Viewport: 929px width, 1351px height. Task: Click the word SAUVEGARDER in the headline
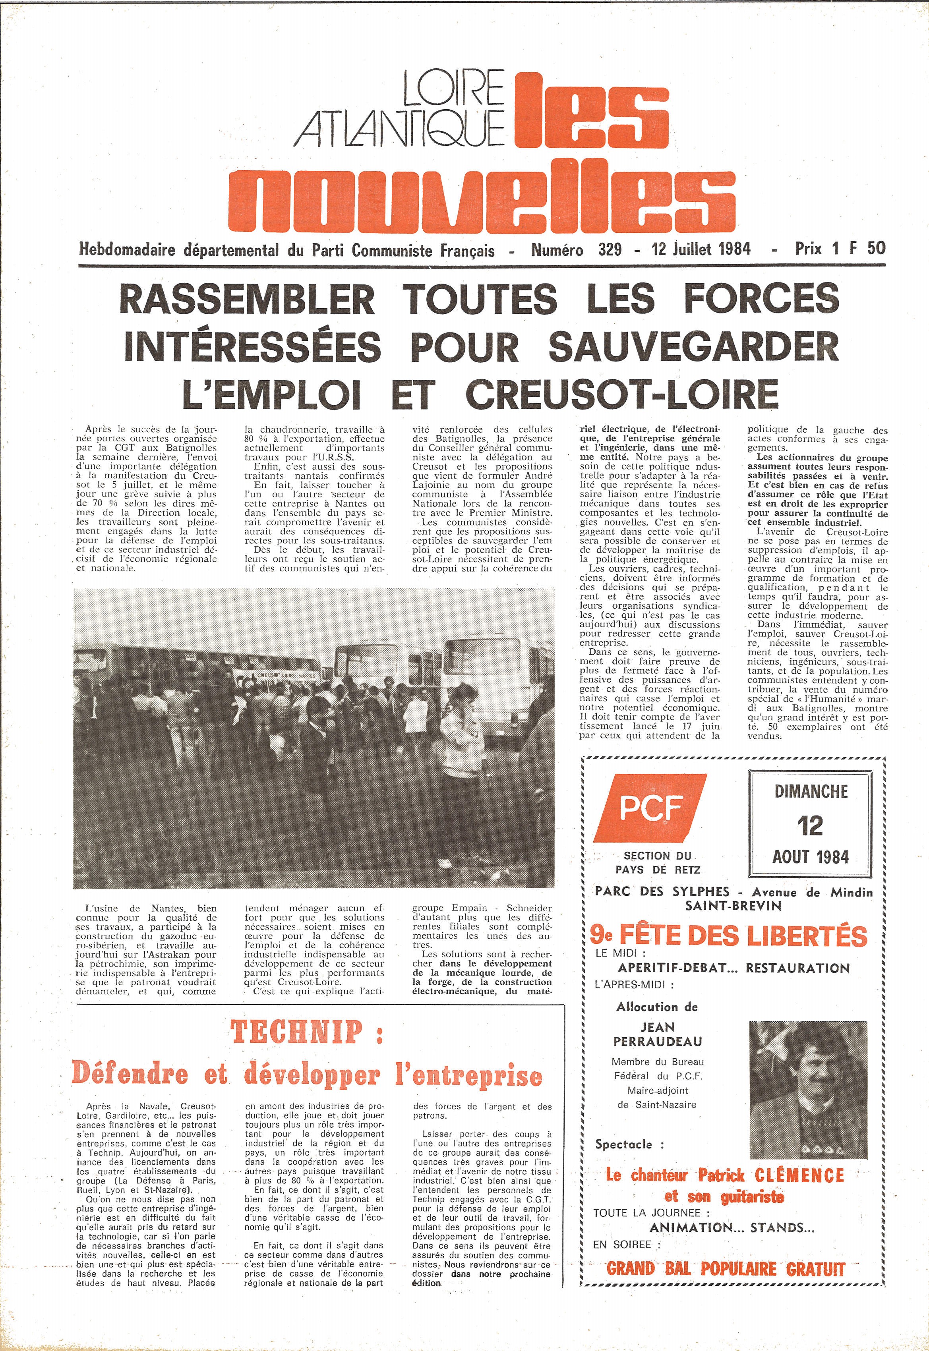pos(693,347)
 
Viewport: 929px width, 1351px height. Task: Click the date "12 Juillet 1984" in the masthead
pos(701,249)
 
